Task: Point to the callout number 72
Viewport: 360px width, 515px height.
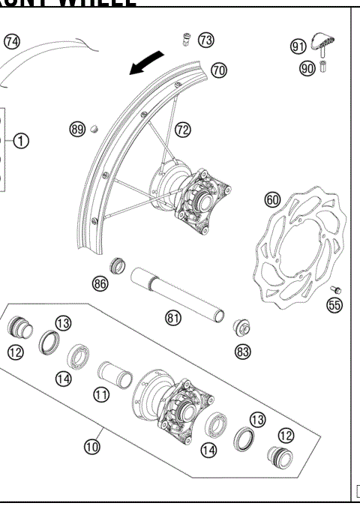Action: pyautogui.click(x=183, y=130)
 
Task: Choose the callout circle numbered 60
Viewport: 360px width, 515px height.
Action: pyautogui.click(x=272, y=199)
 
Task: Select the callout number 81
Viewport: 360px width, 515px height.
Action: pyautogui.click(x=173, y=318)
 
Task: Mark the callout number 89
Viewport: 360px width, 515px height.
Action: pyautogui.click(x=76, y=130)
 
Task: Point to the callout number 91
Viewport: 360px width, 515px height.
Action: pyautogui.click(x=298, y=47)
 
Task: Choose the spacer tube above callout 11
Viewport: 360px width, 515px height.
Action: pyautogui.click(x=114, y=371)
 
